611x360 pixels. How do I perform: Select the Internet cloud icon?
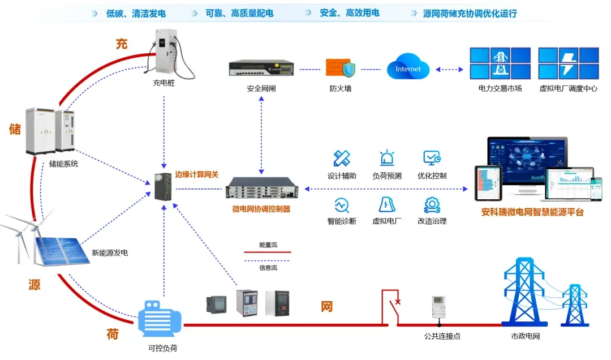408,68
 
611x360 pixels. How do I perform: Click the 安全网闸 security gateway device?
261,68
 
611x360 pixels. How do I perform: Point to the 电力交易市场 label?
500,88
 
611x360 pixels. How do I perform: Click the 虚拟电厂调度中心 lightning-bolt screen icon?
568,63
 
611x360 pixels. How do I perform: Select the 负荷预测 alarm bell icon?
387,158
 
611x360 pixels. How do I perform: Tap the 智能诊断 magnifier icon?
342,204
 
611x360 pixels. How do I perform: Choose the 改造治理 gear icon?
432,204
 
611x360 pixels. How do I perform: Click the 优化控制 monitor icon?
432,158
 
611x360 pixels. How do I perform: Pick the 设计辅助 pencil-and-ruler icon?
342,158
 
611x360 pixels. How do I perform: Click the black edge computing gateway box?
163,187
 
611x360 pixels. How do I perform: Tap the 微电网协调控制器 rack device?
261,187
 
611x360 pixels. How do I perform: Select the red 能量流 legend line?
267,252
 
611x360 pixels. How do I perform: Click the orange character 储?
15,129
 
